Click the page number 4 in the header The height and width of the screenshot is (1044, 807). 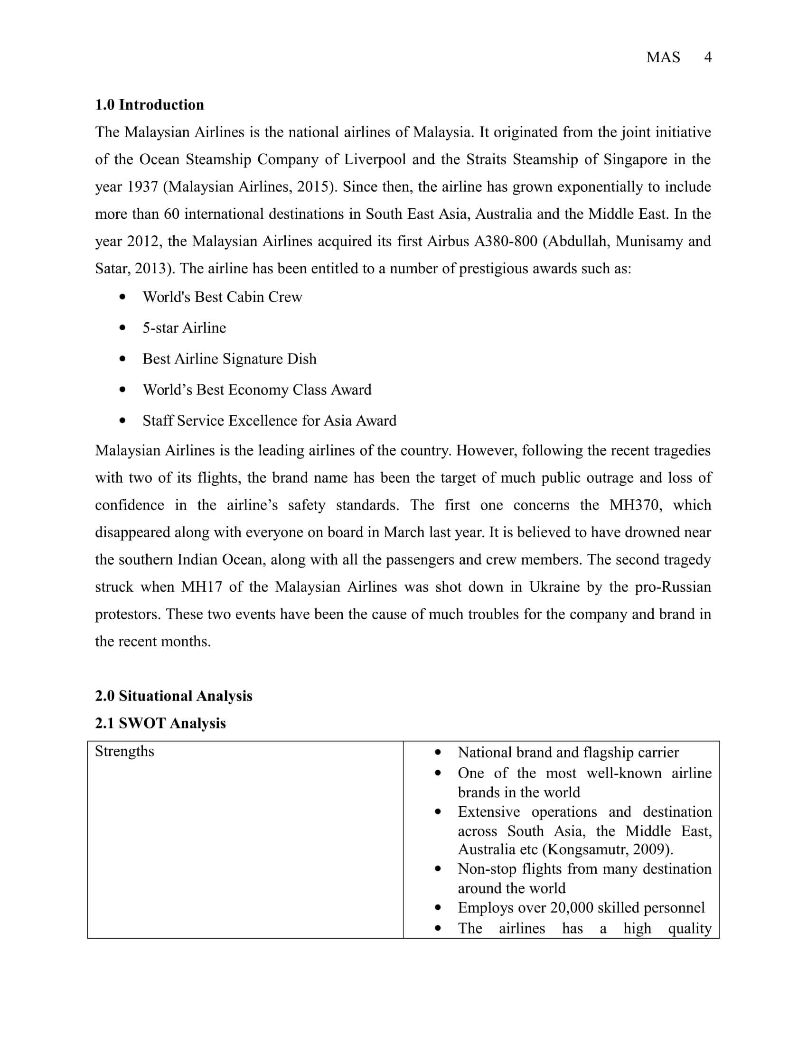(708, 57)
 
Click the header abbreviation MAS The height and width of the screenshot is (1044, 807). (663, 57)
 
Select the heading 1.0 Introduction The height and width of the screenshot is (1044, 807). (149, 105)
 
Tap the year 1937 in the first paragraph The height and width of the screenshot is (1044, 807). (142, 186)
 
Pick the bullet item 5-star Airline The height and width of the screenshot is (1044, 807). (184, 328)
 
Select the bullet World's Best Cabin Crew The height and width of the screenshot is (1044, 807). (222, 297)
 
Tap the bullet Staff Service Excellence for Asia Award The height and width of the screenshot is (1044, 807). (269, 420)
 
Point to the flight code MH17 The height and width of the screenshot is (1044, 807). (202, 587)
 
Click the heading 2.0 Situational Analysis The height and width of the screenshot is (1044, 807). (174, 696)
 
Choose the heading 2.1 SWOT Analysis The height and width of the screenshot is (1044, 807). (160, 723)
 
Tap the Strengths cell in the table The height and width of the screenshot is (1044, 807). (124, 752)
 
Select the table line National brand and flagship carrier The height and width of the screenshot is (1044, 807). (568, 753)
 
